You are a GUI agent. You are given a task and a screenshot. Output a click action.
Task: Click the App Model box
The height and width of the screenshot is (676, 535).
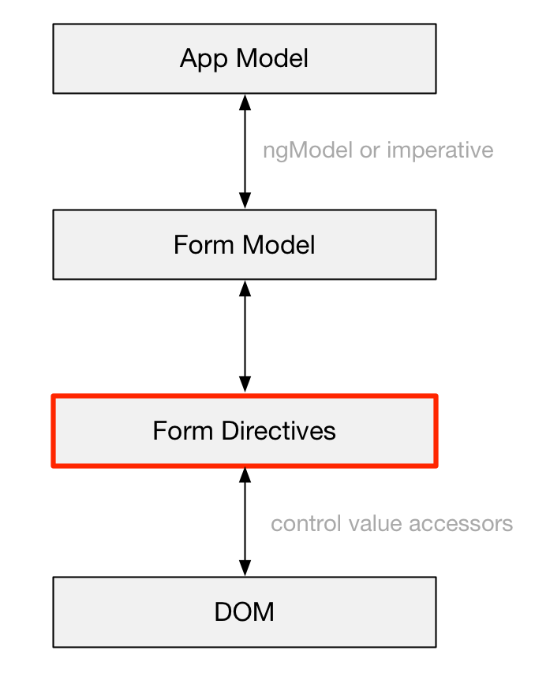(x=244, y=59)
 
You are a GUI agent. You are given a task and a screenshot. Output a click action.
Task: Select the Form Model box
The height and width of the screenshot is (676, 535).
(x=244, y=245)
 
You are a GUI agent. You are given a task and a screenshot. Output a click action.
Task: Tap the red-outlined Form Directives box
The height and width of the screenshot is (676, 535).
(x=244, y=431)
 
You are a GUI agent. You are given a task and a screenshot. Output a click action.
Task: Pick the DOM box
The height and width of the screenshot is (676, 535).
(x=244, y=612)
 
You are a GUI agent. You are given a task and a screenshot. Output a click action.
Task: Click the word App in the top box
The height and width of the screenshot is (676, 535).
(x=198, y=59)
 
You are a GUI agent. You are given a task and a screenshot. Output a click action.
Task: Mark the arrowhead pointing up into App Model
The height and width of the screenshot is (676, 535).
(x=245, y=102)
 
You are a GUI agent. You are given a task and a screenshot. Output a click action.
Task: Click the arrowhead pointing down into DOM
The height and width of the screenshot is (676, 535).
(x=245, y=569)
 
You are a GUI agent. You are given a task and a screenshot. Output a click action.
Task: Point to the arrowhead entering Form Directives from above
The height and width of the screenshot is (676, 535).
(x=245, y=384)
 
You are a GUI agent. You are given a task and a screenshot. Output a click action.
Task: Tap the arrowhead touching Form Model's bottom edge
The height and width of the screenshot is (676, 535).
(x=245, y=288)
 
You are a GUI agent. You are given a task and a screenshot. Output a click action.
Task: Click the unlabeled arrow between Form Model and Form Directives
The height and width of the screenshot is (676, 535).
(x=245, y=336)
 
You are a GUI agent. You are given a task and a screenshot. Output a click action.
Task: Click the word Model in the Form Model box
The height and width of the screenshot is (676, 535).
(x=279, y=245)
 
